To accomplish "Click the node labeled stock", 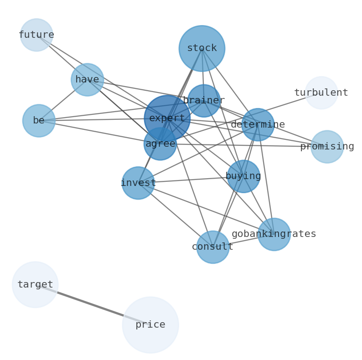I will click(x=202, y=48).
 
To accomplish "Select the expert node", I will click(x=167, y=118).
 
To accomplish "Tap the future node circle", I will click(x=36, y=35).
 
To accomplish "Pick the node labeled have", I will click(x=87, y=80).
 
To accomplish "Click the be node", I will click(x=39, y=121).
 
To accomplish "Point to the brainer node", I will click(x=204, y=101).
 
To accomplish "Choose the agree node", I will click(x=160, y=144).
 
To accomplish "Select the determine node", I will click(x=258, y=124).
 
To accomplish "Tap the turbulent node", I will click(x=321, y=93).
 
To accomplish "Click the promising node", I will click(x=327, y=147).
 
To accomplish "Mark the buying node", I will click(x=243, y=176).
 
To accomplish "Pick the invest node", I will click(x=138, y=183).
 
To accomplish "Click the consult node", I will click(x=212, y=247).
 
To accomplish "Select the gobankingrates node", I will click(x=274, y=234).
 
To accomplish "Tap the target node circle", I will click(x=35, y=285).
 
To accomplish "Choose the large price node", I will click(x=150, y=325).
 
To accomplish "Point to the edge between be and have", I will click(x=63, y=100).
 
